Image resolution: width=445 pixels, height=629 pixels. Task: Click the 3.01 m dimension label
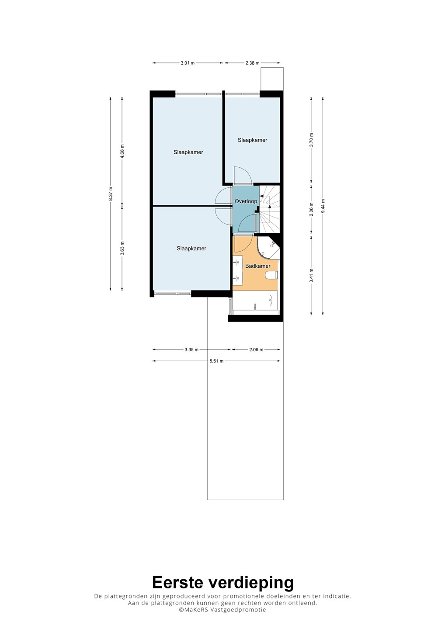click(188, 63)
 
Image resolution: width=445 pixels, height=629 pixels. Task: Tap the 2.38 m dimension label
click(252, 63)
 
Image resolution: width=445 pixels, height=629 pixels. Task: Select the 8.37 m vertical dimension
click(111, 194)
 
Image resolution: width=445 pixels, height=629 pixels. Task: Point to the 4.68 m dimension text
click(122, 151)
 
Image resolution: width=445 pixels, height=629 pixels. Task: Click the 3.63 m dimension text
click(122, 248)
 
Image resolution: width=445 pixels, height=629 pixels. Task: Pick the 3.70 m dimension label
click(311, 140)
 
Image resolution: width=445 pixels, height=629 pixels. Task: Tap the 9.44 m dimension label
click(323, 206)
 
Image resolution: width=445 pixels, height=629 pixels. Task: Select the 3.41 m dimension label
click(311, 276)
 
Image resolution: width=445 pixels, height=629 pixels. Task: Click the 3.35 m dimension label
click(191, 349)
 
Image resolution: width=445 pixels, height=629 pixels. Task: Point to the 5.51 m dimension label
click(216, 361)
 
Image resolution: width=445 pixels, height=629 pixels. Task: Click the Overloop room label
click(246, 201)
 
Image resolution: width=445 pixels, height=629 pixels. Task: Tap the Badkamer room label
click(257, 266)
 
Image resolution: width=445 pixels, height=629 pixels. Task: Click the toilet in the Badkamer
click(271, 275)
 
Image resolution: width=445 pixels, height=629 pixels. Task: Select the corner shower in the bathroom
click(269, 247)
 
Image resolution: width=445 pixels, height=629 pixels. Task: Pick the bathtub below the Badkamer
click(255, 301)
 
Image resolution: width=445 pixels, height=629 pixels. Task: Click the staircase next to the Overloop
click(270, 210)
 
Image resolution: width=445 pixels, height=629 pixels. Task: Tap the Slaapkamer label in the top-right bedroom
click(252, 140)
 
